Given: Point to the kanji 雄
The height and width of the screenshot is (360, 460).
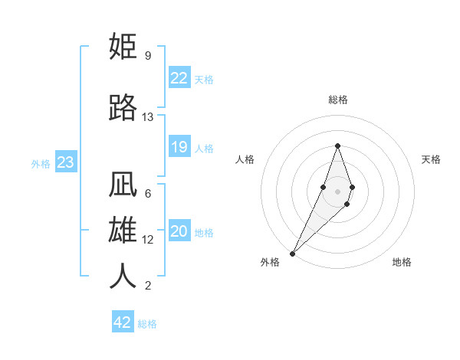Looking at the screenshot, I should pyautogui.click(x=123, y=231).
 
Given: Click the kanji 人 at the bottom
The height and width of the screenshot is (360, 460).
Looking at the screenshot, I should pyautogui.click(x=123, y=276).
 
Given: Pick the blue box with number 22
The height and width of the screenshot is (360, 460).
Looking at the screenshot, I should pyautogui.click(x=179, y=78).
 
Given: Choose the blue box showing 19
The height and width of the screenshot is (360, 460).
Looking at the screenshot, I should pyautogui.click(x=179, y=147).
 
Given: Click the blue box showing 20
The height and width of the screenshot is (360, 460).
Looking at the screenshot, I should pyautogui.click(x=179, y=232).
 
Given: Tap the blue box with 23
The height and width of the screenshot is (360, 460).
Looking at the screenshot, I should pyautogui.click(x=65, y=162).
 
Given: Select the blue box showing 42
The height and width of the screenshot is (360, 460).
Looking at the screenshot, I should pyautogui.click(x=123, y=322).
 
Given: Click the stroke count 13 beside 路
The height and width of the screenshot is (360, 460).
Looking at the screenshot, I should pyautogui.click(x=148, y=117).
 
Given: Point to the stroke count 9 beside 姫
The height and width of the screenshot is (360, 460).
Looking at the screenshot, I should pyautogui.click(x=147, y=56).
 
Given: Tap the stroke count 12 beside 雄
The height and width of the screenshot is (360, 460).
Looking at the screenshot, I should pyautogui.click(x=148, y=240).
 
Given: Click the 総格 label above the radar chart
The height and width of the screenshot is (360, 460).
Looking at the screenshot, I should pyautogui.click(x=338, y=100).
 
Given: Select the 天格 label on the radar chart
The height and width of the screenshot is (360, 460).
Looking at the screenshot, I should pyautogui.click(x=432, y=159).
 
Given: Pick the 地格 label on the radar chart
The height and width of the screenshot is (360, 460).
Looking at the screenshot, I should pyautogui.click(x=402, y=262).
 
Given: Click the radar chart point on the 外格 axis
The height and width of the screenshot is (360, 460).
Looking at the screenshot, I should pyautogui.click(x=292, y=253).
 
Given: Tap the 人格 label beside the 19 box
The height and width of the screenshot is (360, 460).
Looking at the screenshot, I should pyautogui.click(x=204, y=148).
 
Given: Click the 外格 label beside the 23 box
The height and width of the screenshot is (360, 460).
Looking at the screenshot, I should pyautogui.click(x=41, y=163).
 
